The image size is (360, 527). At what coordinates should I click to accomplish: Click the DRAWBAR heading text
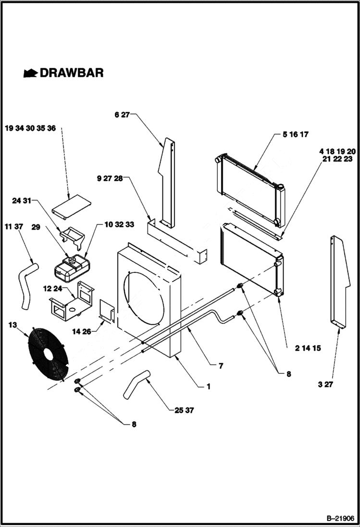[x=71, y=73]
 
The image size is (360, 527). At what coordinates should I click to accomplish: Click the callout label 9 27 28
[x=110, y=178]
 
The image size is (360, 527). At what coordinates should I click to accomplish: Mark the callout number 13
[x=12, y=325]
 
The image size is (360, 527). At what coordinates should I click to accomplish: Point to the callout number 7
[x=221, y=366]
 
